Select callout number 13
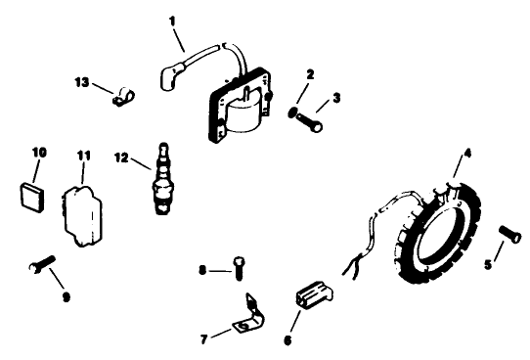tap(83, 82)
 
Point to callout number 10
tap(39, 152)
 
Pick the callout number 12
tap(121, 157)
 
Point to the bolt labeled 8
tap(238, 265)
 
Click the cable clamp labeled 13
tap(123, 95)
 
